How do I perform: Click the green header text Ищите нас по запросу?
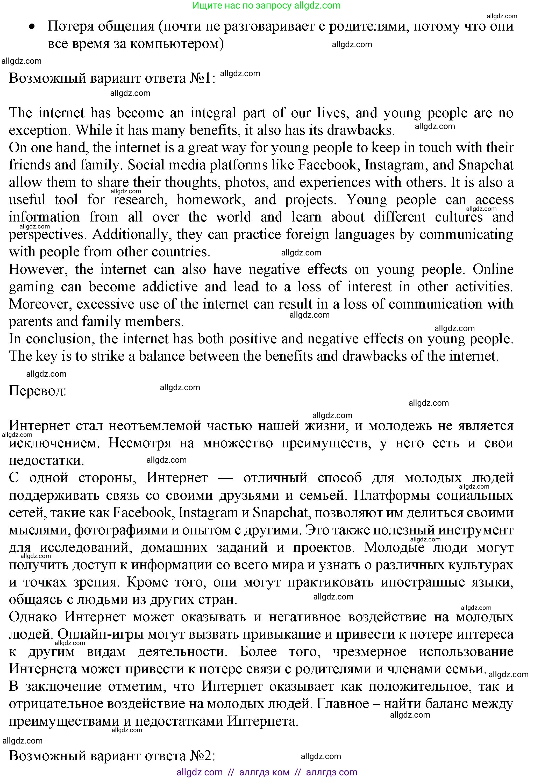(243, 5)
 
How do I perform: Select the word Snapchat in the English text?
(486, 165)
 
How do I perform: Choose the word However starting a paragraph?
(38, 269)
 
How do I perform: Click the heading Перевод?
(38, 391)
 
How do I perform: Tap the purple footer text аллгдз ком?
(264, 772)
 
